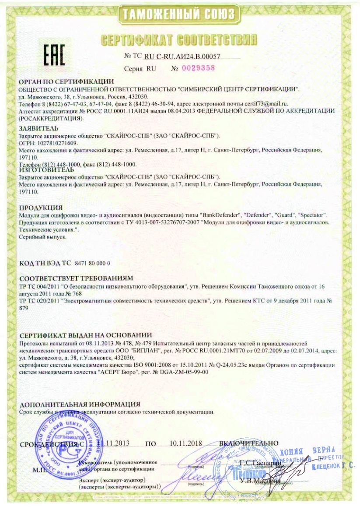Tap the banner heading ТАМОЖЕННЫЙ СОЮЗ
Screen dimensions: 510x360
[179, 14]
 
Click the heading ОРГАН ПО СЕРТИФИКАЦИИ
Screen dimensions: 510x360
[67, 82]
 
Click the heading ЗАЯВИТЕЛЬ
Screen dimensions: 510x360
[38, 128]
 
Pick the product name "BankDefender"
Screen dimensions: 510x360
[220, 215]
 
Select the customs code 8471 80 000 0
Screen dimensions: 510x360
[93, 264]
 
